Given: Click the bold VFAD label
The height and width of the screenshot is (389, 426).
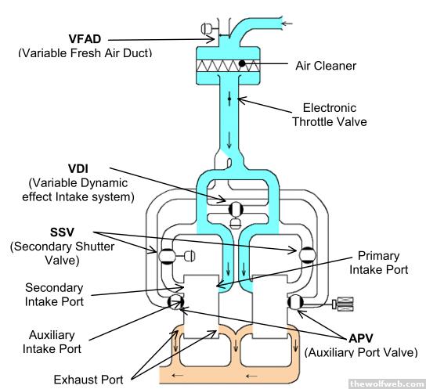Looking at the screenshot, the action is tap(85, 39).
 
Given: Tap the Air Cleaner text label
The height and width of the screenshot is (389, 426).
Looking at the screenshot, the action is tap(326, 66).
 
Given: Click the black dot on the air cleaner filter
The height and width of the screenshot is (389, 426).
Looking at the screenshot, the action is tap(241, 63).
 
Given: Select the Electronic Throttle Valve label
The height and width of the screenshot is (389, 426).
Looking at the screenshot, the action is tap(330, 115).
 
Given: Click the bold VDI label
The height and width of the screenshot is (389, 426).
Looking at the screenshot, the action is tap(78, 168).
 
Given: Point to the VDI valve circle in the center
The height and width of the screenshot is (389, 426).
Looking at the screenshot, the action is tap(236, 209).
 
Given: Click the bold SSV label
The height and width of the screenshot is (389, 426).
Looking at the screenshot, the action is tap(62, 232).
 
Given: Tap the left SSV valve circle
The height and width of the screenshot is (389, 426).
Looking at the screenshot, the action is tap(167, 256).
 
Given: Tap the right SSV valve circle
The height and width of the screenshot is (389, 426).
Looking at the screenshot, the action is tap(307, 255).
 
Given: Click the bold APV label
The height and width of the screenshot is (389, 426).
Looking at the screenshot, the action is tap(361, 338).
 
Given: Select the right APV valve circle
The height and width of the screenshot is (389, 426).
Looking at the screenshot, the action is tap(295, 302).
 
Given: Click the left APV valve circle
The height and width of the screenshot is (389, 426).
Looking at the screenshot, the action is tap(175, 302).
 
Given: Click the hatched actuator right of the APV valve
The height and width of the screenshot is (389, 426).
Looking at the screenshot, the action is tap(343, 304).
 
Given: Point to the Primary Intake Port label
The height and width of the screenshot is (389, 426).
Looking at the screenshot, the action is tap(378, 263).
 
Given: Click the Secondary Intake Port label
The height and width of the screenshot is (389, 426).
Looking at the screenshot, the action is tap(54, 295).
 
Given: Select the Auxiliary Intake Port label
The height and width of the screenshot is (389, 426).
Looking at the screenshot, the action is tap(52, 342).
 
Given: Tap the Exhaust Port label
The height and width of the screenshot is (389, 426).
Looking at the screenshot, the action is tap(88, 380).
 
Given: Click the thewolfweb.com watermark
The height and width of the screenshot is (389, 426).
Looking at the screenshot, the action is tap(387, 384).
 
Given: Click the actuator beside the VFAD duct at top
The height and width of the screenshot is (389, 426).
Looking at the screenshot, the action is tap(207, 28).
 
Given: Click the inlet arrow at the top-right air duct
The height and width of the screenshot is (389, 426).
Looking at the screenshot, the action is tap(287, 23).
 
